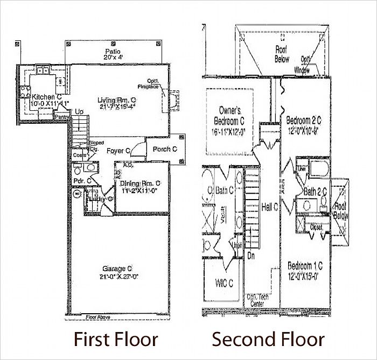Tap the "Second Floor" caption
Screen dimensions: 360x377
point(268,340)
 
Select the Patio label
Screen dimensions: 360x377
point(113,51)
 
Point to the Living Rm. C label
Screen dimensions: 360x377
point(116,100)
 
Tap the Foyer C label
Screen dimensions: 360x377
point(118,151)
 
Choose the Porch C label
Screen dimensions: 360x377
point(164,149)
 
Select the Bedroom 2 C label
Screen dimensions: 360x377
point(304,119)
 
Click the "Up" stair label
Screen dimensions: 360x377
point(80,111)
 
